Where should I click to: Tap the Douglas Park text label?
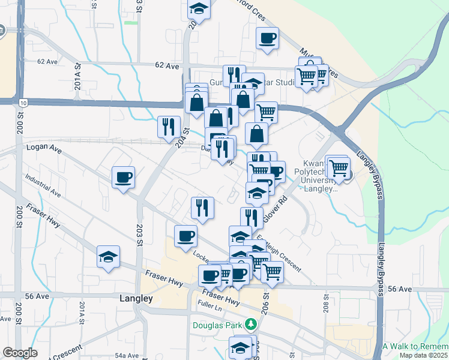217,326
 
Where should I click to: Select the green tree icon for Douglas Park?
250,326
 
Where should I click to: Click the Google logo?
20,353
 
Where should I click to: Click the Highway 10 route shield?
22,103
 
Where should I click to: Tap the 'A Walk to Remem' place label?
415,347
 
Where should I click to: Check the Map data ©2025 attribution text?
424,355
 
